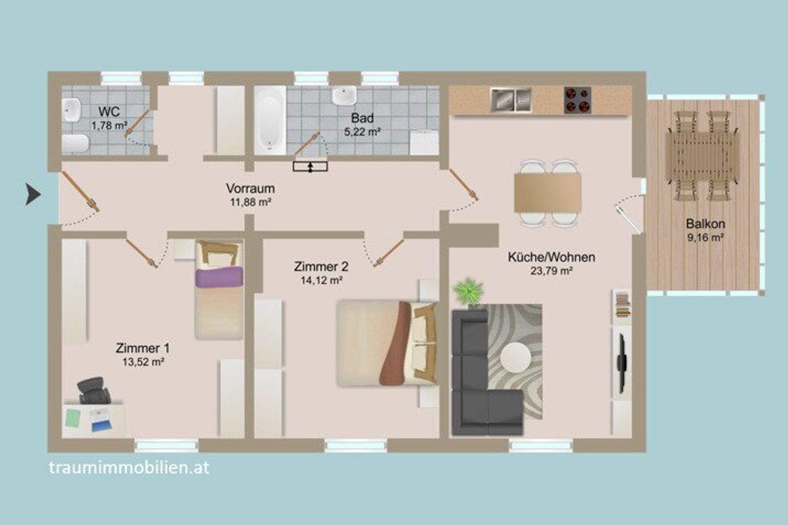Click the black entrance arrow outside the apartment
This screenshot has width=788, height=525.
[33, 194]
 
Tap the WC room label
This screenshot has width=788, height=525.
[109, 112]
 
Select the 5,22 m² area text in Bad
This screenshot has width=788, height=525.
[363, 132]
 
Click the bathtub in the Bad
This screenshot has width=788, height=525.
[270, 121]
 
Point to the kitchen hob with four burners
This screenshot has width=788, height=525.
[577, 100]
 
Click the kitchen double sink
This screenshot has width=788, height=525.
[511, 100]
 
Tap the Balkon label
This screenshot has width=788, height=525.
[705, 223]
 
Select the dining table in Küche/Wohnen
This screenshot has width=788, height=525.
[547, 193]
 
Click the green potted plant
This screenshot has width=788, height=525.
[468, 291]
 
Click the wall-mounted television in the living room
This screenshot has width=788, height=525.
[622, 363]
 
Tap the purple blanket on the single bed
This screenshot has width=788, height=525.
[219, 277]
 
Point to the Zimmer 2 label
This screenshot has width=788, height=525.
[321, 267]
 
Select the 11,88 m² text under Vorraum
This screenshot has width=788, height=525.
[251, 202]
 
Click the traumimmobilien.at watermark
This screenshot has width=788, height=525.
[129, 468]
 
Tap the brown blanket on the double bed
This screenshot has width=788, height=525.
[395, 343]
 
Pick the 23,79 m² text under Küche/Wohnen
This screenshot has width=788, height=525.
[551, 271]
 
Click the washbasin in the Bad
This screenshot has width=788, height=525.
[344, 95]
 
